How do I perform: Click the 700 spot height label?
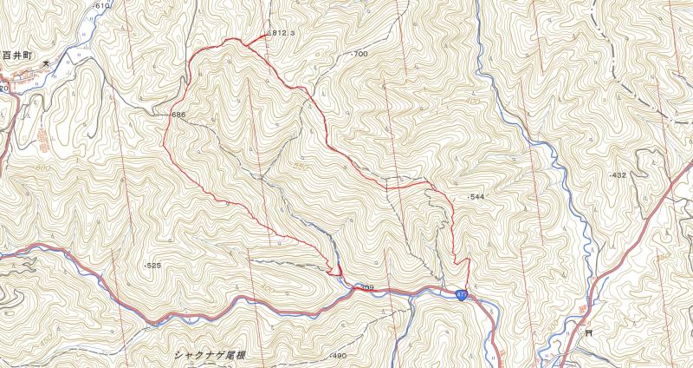[360, 54]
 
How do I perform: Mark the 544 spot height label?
[477, 197]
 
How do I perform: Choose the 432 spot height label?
[618, 175]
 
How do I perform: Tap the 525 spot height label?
[153, 266]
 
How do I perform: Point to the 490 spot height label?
[338, 357]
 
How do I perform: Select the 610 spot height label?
[101, 6]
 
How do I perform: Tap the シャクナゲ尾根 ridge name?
[210, 354]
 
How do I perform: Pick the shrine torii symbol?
[588, 331]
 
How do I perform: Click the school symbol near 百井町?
[49, 62]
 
